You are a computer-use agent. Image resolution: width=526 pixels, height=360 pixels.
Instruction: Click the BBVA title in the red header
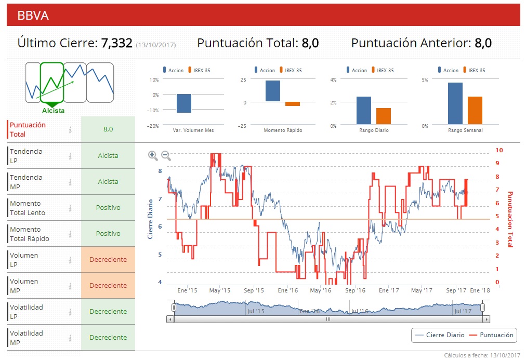[x=33, y=16]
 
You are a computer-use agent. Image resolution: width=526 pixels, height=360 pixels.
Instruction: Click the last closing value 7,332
[x=117, y=43]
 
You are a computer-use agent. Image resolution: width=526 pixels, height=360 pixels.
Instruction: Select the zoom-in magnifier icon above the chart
[x=153, y=155]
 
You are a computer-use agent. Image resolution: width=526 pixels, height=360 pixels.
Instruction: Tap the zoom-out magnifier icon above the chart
[x=166, y=155]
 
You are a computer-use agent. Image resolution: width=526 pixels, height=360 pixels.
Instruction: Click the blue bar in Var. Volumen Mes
[x=184, y=103]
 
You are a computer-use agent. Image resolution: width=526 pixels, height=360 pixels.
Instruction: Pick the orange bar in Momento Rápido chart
[x=293, y=104]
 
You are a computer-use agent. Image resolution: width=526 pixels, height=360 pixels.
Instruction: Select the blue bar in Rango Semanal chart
[x=455, y=104]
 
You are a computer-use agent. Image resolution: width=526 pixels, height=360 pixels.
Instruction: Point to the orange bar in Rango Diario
[x=384, y=116]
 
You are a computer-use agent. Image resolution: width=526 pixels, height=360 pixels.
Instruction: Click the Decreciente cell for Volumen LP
[x=108, y=260]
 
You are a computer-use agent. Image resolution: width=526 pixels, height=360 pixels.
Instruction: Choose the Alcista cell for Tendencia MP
[x=108, y=182]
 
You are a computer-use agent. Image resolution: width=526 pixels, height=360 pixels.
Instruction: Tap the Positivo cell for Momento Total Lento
[x=108, y=208]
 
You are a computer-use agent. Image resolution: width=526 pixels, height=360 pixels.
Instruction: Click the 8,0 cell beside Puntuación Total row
[x=108, y=129]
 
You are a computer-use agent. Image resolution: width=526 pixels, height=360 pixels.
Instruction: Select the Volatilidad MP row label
[x=27, y=338]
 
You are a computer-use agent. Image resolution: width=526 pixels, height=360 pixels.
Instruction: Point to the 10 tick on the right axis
[x=499, y=150]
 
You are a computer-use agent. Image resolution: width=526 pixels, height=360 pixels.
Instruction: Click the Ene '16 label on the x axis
[x=288, y=290]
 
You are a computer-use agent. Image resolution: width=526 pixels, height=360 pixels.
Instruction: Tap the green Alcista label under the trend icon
[x=54, y=111]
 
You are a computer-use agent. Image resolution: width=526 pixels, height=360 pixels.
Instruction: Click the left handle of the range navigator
[x=174, y=308]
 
